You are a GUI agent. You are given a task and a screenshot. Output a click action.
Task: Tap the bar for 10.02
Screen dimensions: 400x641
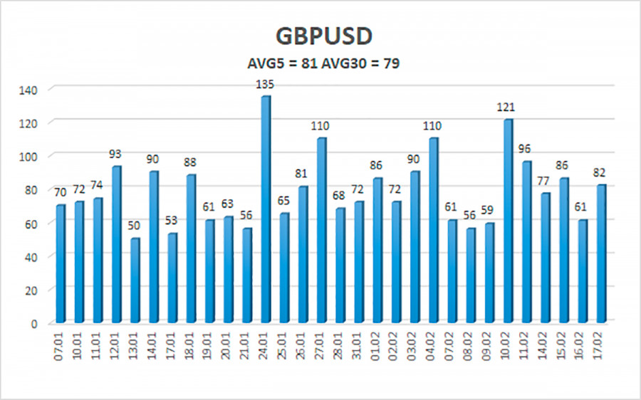(x=507, y=221)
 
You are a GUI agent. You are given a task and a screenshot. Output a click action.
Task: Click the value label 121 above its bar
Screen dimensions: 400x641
(x=507, y=107)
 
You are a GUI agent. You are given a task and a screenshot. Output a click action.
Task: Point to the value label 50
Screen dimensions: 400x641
(x=135, y=226)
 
